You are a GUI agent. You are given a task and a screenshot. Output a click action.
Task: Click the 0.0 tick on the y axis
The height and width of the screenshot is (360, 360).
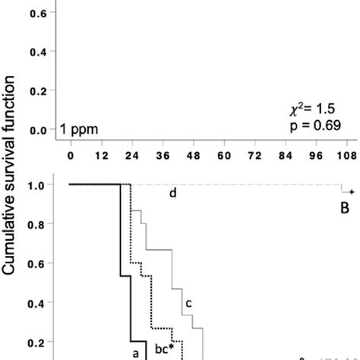click(38, 131)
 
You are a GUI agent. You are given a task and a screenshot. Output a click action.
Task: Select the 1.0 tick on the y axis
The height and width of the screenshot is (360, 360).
click(38, 185)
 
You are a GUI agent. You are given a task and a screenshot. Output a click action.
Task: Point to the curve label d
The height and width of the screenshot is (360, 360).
click(172, 194)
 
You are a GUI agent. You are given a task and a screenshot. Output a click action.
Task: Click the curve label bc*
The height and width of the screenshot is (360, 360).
click(166, 349)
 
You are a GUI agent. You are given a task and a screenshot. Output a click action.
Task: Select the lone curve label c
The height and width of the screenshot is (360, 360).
click(188, 304)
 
